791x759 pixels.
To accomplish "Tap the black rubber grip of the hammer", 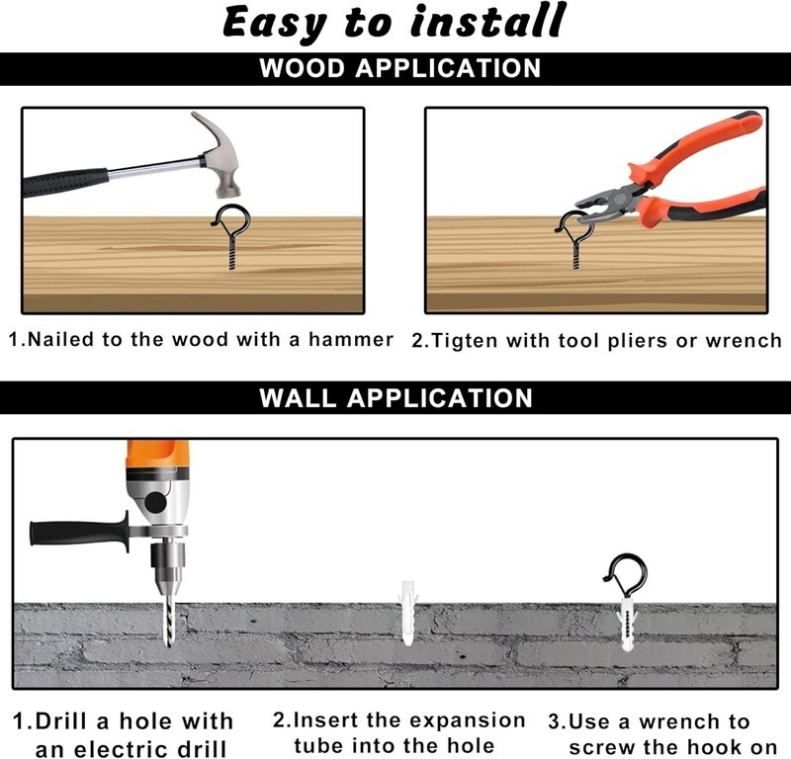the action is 65,182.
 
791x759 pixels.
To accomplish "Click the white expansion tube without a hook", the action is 407,612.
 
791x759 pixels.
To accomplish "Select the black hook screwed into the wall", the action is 626,575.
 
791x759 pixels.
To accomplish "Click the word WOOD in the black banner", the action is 302,68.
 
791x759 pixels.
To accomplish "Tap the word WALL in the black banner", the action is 298,398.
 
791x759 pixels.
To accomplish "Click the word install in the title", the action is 487,21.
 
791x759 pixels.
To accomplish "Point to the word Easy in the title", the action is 275,23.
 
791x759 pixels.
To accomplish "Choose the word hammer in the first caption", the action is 351,339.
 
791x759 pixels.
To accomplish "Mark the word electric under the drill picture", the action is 135,749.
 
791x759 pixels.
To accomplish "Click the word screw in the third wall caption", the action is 602,748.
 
